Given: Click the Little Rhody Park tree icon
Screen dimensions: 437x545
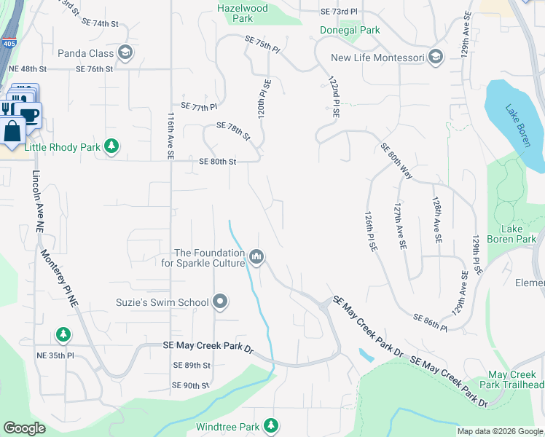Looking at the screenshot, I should click(111, 147).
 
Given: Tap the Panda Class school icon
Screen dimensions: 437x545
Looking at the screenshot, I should click(125, 52).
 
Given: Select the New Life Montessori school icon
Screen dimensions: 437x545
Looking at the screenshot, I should click(436, 58).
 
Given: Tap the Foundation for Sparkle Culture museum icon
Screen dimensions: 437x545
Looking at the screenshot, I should click(256, 257).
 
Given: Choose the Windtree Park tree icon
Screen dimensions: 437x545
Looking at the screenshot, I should click(271, 425).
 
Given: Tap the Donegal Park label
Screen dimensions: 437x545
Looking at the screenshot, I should click(350, 31).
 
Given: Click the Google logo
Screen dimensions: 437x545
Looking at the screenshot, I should click(24, 428).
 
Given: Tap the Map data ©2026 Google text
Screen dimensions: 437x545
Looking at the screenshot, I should click(500, 431).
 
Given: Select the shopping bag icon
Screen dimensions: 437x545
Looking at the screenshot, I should click(13, 132).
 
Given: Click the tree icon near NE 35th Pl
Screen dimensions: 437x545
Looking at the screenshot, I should click(63, 334).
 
